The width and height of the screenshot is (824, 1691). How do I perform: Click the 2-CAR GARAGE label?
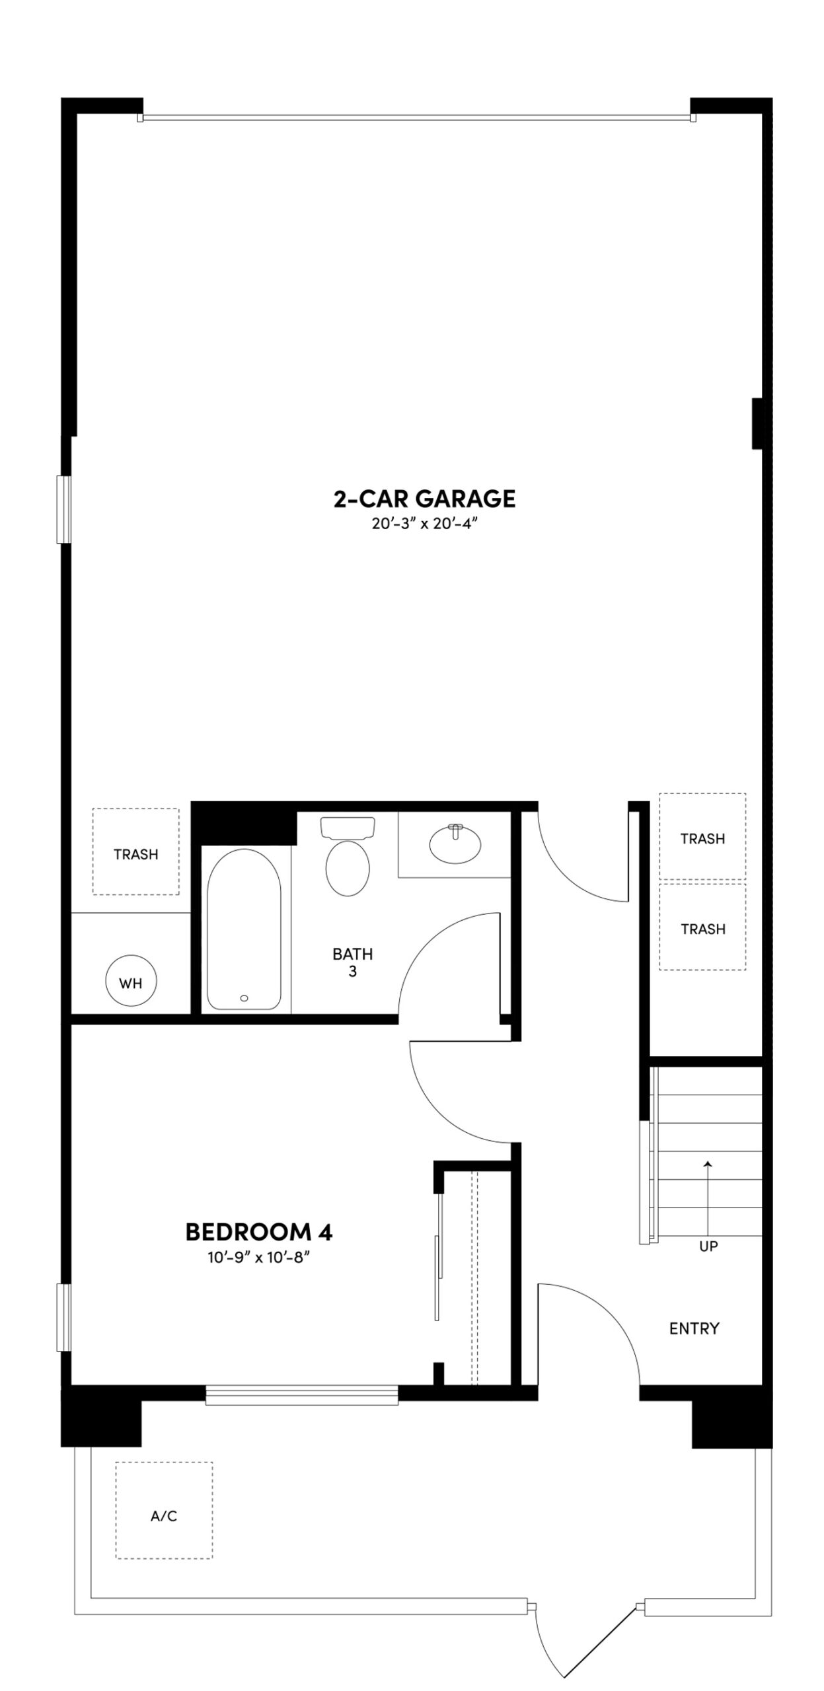(424, 498)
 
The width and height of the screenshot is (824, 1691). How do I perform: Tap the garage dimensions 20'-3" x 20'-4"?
(424, 524)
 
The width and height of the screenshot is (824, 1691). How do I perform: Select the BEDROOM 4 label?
(258, 1232)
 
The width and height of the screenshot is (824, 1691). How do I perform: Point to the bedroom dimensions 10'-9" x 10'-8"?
(259, 1258)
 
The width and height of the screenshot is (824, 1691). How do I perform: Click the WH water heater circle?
(131, 983)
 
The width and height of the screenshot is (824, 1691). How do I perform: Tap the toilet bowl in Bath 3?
(348, 868)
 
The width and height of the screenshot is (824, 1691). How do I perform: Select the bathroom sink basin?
(455, 844)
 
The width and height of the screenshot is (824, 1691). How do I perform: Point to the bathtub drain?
(244, 998)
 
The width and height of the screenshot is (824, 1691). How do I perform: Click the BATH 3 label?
(352, 962)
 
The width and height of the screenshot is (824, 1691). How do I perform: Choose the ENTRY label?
(694, 1328)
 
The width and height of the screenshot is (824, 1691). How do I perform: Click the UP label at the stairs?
(708, 1246)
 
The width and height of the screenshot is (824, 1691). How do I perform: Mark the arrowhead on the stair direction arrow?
(708, 1165)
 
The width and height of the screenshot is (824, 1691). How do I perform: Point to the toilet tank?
(348, 827)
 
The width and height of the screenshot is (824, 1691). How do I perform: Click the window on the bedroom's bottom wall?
(301, 1394)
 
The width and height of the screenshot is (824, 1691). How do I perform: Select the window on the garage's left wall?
(64, 509)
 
